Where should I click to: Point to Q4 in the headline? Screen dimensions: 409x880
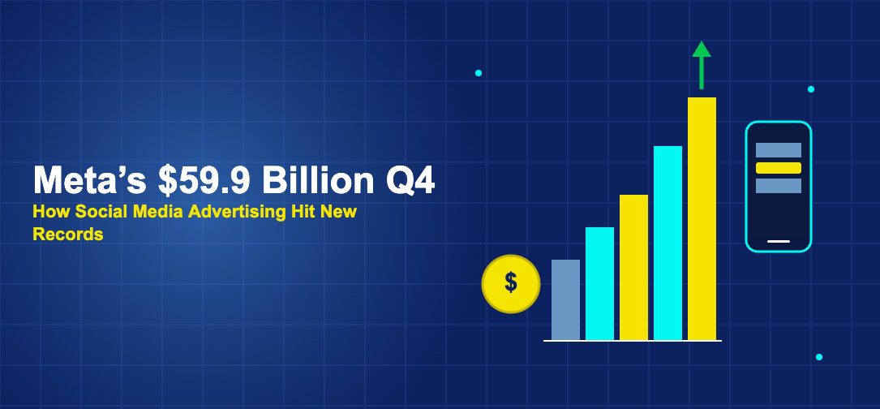click(410, 180)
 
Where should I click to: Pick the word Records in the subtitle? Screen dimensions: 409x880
click(68, 235)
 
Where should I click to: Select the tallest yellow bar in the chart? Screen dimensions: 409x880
click(702, 219)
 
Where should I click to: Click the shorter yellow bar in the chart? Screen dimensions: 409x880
click(633, 268)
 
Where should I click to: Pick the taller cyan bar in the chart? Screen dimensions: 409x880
click(668, 243)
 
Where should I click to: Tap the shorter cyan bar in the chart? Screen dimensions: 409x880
click(599, 284)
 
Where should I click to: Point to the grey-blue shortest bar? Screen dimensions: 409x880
click(565, 300)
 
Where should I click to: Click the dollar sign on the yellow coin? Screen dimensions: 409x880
click(511, 282)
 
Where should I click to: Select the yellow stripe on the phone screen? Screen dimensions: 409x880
click(778, 168)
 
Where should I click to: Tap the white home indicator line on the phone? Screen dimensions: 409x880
click(778, 241)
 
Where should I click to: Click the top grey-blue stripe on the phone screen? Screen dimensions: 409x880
click(778, 150)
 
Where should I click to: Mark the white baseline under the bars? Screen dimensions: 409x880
click(633, 341)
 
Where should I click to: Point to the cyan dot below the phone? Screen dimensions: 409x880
click(818, 357)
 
